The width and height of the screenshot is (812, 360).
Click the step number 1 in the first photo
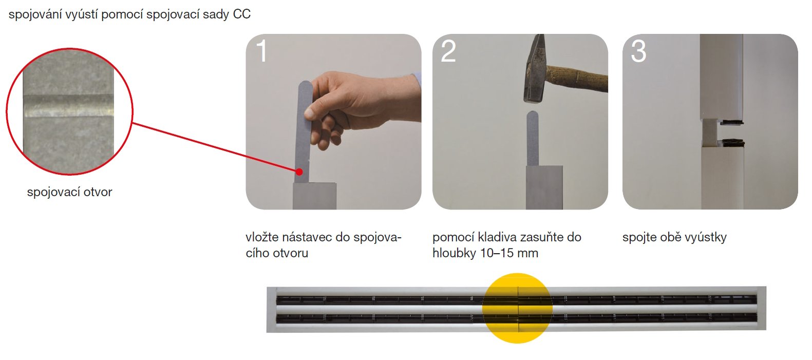tap(262, 51)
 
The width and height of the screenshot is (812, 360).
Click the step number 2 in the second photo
tap(448, 51)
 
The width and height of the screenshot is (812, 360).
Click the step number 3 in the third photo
tap(638, 51)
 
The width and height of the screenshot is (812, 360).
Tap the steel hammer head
tap(535, 69)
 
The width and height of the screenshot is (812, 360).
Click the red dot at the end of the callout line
tap(299, 172)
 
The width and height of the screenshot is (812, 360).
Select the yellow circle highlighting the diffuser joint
tap(517, 308)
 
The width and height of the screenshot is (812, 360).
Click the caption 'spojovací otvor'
tap(70, 192)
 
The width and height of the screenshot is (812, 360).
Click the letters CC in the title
tap(242, 14)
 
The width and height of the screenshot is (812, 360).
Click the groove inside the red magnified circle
tap(68, 106)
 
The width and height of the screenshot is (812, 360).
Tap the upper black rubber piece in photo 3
tap(730, 122)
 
